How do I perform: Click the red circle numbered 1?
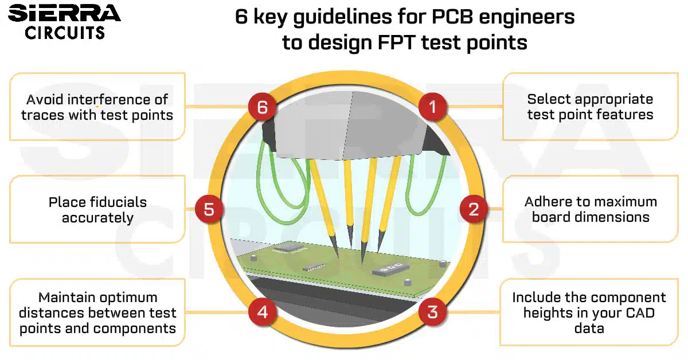(432, 107)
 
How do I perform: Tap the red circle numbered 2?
(474, 209)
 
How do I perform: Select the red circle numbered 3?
(432, 312)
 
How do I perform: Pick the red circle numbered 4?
(263, 312)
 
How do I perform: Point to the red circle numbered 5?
(209, 209)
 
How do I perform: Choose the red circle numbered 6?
(263, 107)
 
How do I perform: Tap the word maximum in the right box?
(623, 202)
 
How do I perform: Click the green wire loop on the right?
(425, 183)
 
